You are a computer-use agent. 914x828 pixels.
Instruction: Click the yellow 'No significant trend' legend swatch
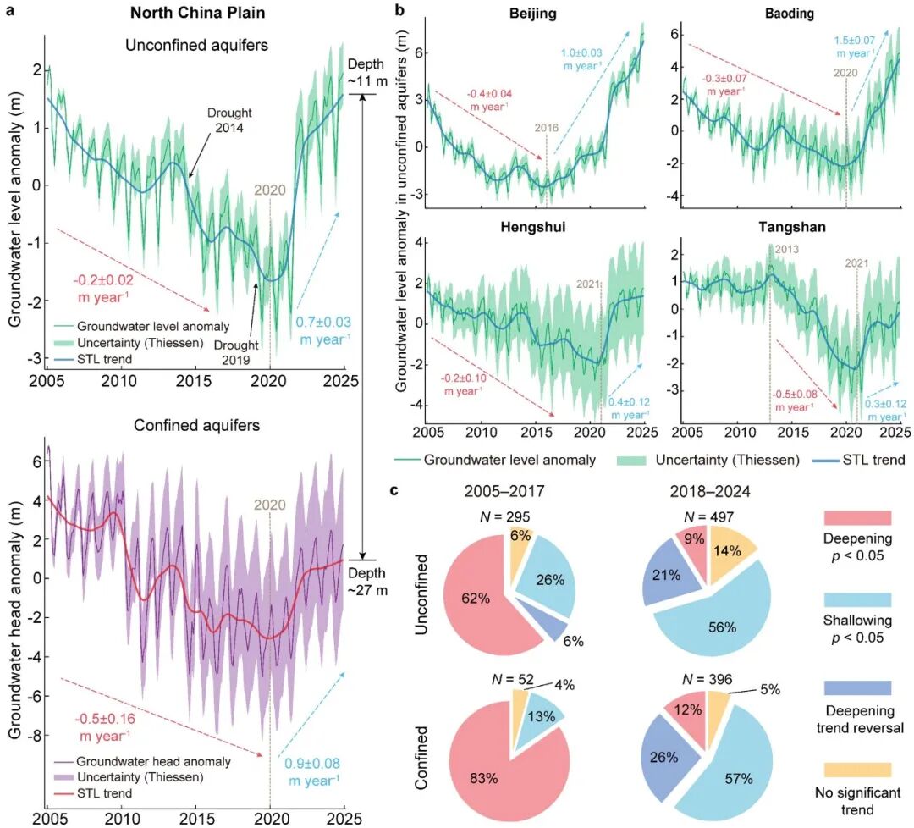857,769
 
